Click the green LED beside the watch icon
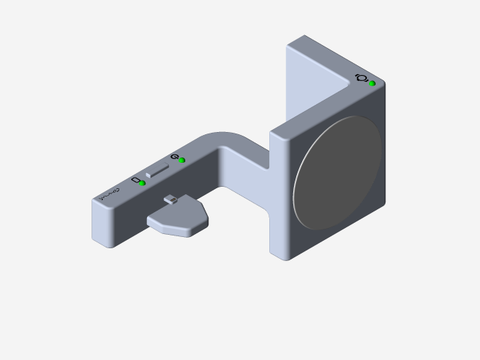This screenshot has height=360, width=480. [181, 160]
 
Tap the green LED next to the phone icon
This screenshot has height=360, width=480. [142, 183]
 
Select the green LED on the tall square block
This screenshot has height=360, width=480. [371, 83]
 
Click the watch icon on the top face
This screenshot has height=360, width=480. [175, 157]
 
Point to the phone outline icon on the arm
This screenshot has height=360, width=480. [136, 180]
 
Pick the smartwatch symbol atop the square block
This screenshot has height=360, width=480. [362, 78]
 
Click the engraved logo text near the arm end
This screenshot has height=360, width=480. [111, 196]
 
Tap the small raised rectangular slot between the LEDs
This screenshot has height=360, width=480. [158, 170]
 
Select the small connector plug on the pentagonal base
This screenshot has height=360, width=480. [171, 199]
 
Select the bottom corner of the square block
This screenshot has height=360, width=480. [286, 259]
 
